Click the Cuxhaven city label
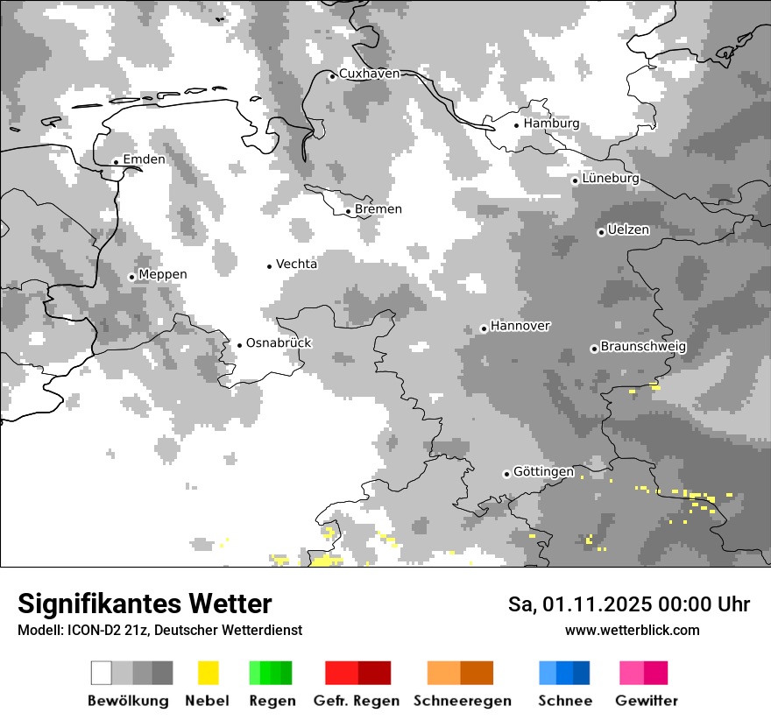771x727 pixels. click(369, 74)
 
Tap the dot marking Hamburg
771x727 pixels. click(517, 125)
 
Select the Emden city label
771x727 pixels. click(144, 159)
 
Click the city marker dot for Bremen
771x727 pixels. click(348, 211)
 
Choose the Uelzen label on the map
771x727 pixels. click(628, 230)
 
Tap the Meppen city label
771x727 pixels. click(163, 275)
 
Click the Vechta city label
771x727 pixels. click(296, 265)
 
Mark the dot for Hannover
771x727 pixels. click(484, 329)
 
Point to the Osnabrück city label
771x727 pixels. click(279, 343)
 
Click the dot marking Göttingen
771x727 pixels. click(506, 474)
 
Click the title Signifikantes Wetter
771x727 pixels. click(145, 604)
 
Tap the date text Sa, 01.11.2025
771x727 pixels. click(582, 605)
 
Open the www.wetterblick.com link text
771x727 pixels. click(632, 631)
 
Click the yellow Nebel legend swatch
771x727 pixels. click(208, 673)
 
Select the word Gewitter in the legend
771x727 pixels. click(646, 701)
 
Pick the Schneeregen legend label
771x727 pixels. click(462, 701)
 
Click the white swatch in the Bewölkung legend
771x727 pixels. click(102, 673)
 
